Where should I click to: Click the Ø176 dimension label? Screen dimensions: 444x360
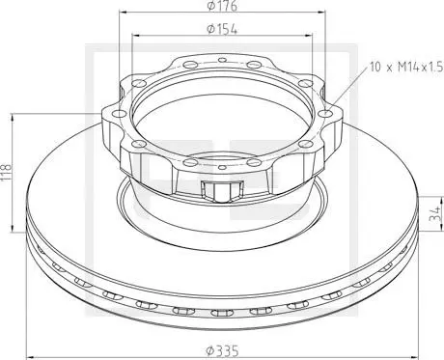(x=222, y=6)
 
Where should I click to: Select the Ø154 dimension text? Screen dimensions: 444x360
(x=222, y=29)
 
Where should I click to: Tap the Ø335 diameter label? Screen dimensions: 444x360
(x=223, y=350)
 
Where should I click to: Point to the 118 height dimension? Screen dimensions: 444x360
(x=6, y=172)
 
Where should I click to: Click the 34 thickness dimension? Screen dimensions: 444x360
(x=435, y=213)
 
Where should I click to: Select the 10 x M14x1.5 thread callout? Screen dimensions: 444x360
(x=406, y=67)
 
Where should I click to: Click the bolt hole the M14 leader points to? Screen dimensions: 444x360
(x=325, y=113)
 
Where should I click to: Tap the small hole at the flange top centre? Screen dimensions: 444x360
(x=222, y=60)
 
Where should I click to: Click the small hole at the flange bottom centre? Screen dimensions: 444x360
(x=222, y=167)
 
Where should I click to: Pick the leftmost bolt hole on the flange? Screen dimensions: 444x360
(x=119, y=113)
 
